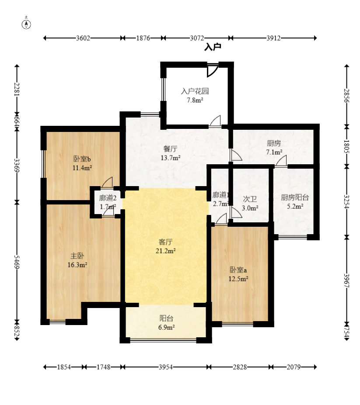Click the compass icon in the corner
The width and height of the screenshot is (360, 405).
click(27, 24)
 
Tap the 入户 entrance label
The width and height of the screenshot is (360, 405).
click(213, 47)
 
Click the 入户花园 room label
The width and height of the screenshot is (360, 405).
click(195, 92)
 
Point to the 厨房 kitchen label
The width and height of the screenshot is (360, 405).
click(274, 143)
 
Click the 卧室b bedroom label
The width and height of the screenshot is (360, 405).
click(82, 159)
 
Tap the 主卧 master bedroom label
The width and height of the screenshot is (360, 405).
click(77, 256)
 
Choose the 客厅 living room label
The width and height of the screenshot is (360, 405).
click(165, 242)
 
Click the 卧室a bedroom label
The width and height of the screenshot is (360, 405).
click(238, 270)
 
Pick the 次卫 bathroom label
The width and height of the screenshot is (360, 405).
click(250, 199)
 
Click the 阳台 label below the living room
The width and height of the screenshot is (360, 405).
click(166, 319)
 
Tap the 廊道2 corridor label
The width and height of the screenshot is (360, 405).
click(108, 197)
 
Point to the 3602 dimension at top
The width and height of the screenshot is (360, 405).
click(83, 38)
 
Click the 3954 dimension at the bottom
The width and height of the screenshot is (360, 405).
click(165, 367)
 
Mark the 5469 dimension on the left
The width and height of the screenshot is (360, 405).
click(17, 263)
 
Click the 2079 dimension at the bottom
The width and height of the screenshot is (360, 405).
click(293, 367)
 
